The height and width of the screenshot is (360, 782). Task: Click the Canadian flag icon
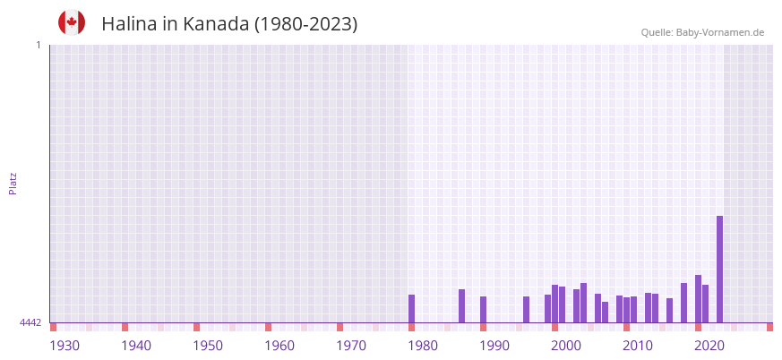click(72, 22)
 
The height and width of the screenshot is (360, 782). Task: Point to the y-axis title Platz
click(13, 183)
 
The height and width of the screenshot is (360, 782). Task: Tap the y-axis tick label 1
click(38, 45)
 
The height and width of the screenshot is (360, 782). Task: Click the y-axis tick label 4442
click(30, 322)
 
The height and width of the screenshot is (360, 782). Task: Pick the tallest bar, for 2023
click(719, 269)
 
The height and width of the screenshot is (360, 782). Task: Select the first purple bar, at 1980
click(411, 308)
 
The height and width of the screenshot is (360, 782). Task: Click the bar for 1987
click(461, 305)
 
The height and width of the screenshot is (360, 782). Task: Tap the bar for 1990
click(483, 309)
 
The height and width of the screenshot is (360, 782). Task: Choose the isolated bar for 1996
click(526, 309)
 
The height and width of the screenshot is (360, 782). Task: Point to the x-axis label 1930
click(64, 346)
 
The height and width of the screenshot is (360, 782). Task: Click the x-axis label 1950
click(208, 346)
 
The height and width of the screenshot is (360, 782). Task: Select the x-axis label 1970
click(351, 346)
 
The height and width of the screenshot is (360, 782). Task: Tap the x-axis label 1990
click(494, 346)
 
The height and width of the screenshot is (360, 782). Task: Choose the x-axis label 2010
click(638, 346)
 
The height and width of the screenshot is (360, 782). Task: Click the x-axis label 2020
click(709, 346)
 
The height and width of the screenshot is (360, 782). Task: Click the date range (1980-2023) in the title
click(305, 24)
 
